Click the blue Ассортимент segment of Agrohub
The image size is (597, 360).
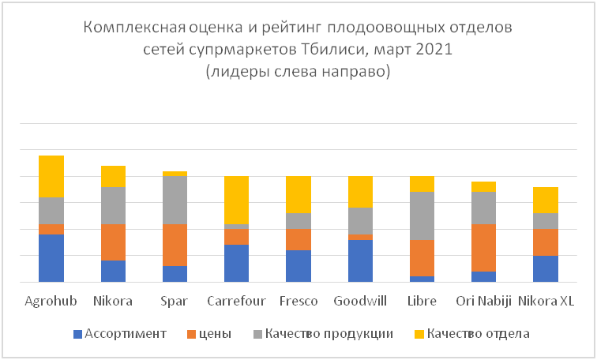(x=51, y=258)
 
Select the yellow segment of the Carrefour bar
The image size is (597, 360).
(x=236, y=201)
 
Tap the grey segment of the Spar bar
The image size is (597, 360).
(x=175, y=201)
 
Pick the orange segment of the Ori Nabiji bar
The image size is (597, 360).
(x=483, y=248)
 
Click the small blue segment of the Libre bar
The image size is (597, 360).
(x=422, y=279)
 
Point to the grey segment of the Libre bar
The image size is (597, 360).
(x=422, y=216)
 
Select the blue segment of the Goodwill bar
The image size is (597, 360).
(x=360, y=261)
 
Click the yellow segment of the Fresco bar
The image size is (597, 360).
(x=298, y=194)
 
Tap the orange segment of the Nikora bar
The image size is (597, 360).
(x=113, y=242)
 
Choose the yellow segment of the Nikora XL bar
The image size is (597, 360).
(x=546, y=201)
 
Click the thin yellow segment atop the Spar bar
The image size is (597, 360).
(x=175, y=174)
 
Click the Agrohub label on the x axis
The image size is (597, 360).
(x=51, y=302)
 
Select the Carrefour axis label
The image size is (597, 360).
(x=236, y=301)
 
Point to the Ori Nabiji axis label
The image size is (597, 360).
(x=483, y=302)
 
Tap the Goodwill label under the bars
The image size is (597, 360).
(x=360, y=301)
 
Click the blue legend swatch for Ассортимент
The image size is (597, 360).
(x=77, y=335)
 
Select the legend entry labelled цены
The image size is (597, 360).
(x=210, y=334)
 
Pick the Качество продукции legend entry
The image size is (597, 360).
(x=323, y=334)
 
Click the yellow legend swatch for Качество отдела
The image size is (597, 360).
(x=419, y=335)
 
